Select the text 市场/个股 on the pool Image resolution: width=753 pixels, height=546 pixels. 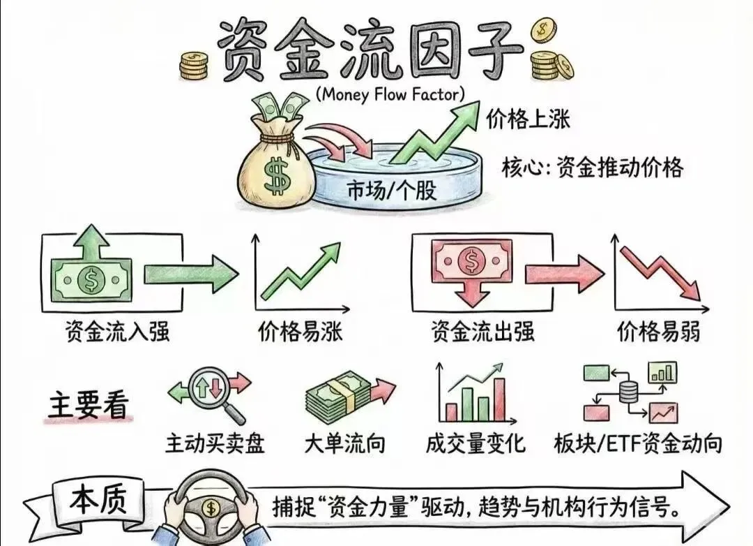(x=392, y=189)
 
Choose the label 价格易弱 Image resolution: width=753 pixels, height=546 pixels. (x=657, y=331)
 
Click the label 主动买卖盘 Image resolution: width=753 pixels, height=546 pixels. (x=215, y=442)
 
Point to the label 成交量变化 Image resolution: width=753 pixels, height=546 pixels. (x=476, y=442)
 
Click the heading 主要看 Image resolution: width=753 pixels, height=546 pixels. (x=88, y=405)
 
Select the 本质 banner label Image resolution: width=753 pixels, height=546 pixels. (x=97, y=503)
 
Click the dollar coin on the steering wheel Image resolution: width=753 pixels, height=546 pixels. (x=210, y=508)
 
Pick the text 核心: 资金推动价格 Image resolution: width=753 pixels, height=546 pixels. (x=592, y=168)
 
